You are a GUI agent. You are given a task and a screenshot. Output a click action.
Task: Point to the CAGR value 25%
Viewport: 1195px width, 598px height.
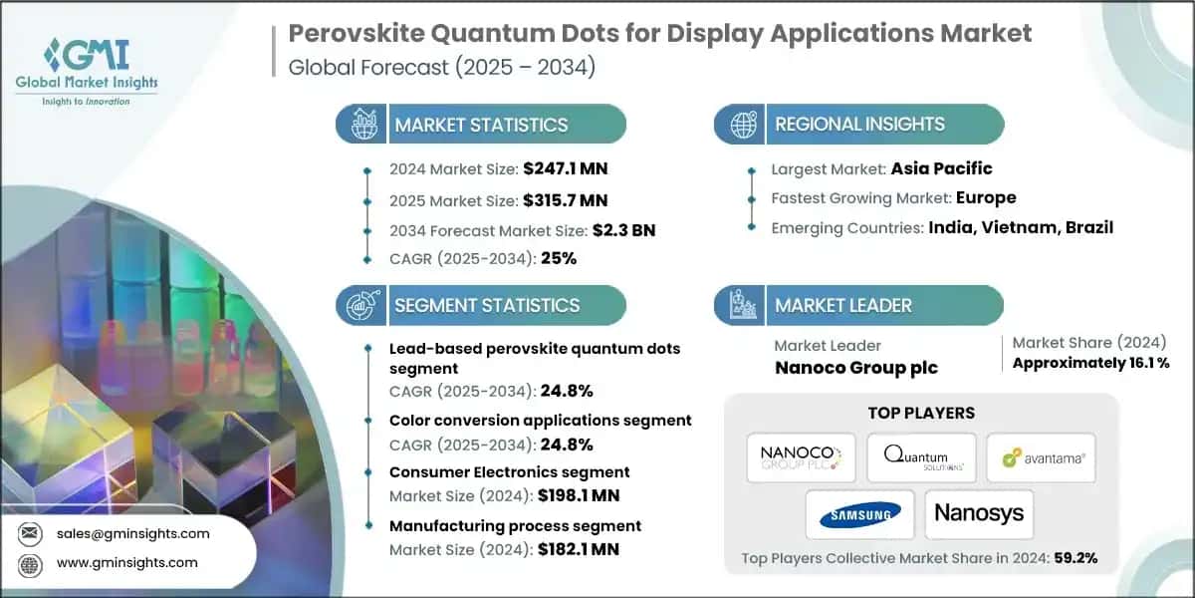pos(558,259)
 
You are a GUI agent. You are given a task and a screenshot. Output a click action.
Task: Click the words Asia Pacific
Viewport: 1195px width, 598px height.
pos(942,168)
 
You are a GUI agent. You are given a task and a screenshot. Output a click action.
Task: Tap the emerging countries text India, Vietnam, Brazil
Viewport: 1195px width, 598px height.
pos(1021,227)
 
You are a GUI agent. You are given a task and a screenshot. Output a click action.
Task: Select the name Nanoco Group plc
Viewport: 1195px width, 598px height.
pos(855,368)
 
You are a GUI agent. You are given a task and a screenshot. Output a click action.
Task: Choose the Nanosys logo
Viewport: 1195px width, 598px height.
pos(980,514)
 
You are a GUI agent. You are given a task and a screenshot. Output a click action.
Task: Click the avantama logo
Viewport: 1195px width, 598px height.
pos(1042,458)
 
